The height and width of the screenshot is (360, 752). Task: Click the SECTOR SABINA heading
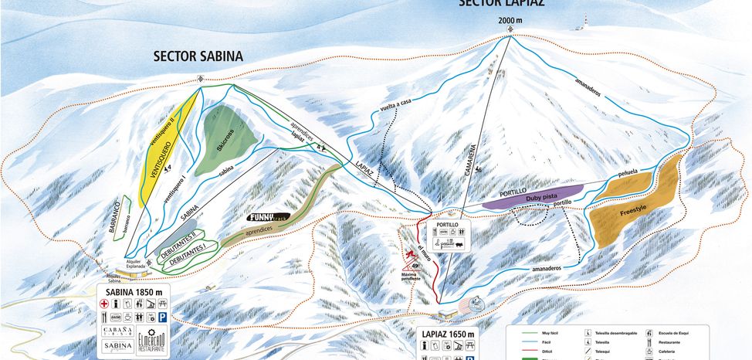pos(198,56)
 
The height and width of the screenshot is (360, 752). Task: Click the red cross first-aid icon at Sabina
pos(105,304)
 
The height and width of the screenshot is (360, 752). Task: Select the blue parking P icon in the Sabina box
pos(163,317)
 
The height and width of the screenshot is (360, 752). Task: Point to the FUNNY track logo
pos(269,217)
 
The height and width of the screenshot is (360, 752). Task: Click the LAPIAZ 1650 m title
pos(447,335)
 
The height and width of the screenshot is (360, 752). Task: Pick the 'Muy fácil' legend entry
pos(553,331)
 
